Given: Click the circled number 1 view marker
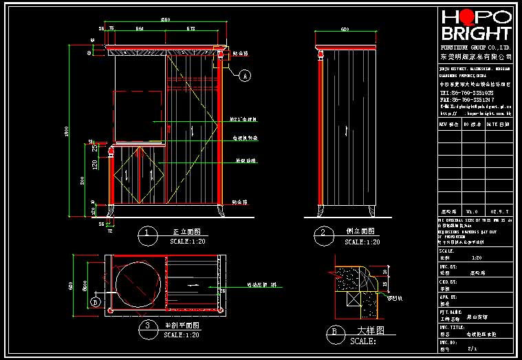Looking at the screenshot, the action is click(x=146, y=233).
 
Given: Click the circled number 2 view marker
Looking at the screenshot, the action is click(x=322, y=233).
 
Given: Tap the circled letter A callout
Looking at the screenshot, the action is click(x=243, y=77).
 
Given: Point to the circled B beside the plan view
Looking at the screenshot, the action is click(x=96, y=301).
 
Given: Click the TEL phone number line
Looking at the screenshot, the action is click(x=466, y=92).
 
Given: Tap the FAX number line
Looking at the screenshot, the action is click(x=466, y=99).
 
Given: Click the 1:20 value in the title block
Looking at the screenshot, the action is click(x=476, y=257).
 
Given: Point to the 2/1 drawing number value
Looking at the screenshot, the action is click(x=472, y=349).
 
